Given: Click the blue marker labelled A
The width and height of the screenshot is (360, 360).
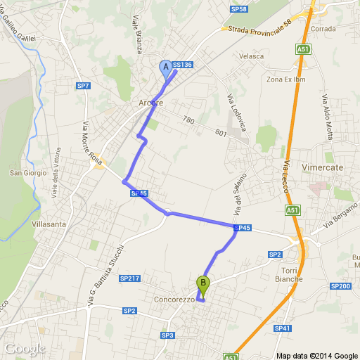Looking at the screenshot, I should point(167,67).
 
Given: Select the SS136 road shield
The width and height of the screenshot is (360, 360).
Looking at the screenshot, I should point(182,65).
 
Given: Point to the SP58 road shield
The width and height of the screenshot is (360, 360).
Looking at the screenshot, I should point(238,9).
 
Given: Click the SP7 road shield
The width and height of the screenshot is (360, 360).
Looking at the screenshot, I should point(84,86).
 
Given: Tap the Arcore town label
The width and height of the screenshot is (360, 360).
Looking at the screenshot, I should point(151,103).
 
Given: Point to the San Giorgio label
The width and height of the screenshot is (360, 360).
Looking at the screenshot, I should point(27,173).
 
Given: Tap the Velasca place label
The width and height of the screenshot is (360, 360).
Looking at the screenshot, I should point(251,56).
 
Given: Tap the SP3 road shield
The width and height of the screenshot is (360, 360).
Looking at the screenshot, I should point(167,335).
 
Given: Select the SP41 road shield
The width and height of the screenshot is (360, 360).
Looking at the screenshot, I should point(283,328).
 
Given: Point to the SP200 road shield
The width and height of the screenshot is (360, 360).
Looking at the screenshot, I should point(340,286).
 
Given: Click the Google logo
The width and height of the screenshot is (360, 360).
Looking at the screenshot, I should point(25,349).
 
